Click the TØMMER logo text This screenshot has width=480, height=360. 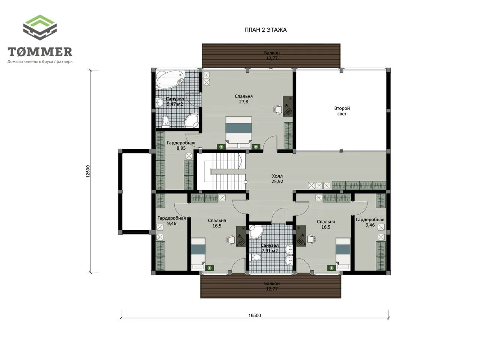click(40, 52)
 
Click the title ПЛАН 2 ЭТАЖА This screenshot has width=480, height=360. click(265, 30)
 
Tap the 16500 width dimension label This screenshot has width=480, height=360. click(255, 315)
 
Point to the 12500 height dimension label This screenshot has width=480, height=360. click(88, 171)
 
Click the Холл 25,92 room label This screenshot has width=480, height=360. click(277, 178)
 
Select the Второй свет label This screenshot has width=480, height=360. click(342, 111)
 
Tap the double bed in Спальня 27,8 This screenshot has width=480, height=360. click(238, 132)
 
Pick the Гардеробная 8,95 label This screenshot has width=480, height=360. click(181, 145)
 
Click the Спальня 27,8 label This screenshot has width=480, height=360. click(244, 99)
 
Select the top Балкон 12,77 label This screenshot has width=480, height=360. click(271, 55)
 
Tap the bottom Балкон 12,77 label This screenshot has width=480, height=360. click(271, 286)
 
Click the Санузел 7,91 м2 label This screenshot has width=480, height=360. click(270, 248)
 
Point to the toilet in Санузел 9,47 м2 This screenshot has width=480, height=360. click(165, 121)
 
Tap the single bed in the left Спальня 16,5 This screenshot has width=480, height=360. click(198, 254)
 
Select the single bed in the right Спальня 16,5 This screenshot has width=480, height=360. click(343, 254)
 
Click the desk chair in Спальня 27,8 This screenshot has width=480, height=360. click(277, 109)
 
